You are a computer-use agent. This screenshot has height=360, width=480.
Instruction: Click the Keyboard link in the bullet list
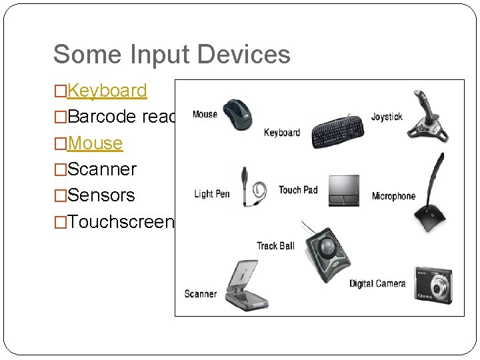(x=107, y=91)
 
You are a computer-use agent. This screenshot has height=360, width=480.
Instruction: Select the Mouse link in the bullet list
(x=95, y=143)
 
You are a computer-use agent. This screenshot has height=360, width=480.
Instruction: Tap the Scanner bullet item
(x=101, y=169)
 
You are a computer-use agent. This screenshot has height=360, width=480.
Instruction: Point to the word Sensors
(x=101, y=195)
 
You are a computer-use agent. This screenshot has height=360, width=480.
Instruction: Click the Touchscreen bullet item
(x=120, y=222)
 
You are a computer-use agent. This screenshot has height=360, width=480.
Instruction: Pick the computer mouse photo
(x=238, y=114)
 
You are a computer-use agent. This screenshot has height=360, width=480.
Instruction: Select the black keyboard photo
(x=338, y=131)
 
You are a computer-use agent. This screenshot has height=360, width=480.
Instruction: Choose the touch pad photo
(x=343, y=191)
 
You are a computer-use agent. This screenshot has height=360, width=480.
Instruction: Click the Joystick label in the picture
(x=387, y=117)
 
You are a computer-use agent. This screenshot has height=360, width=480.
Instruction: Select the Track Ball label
(x=275, y=246)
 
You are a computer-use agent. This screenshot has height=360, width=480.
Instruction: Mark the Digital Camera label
(x=377, y=284)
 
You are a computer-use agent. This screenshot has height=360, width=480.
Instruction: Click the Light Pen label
(x=211, y=194)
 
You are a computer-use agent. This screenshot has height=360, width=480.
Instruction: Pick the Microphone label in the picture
(x=393, y=196)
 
